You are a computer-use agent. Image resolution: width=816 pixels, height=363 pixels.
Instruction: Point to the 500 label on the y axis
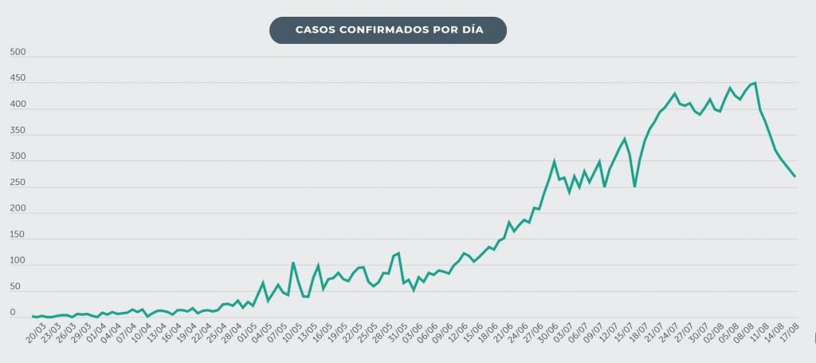coord(18,53)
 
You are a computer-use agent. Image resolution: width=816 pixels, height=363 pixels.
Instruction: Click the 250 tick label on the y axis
coord(18,183)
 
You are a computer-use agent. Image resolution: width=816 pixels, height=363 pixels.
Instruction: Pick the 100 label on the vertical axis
coord(18,261)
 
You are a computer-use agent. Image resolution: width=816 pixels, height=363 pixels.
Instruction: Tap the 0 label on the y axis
coord(13,313)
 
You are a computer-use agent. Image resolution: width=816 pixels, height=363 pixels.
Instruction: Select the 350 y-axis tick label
coord(18,131)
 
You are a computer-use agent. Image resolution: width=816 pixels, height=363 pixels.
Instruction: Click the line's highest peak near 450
coord(755,82)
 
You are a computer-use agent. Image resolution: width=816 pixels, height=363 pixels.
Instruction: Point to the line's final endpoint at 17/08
coord(795,176)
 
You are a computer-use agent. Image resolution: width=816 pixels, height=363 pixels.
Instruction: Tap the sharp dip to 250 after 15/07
coord(634,186)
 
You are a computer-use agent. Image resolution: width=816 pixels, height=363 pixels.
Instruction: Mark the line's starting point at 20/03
coord(33,317)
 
